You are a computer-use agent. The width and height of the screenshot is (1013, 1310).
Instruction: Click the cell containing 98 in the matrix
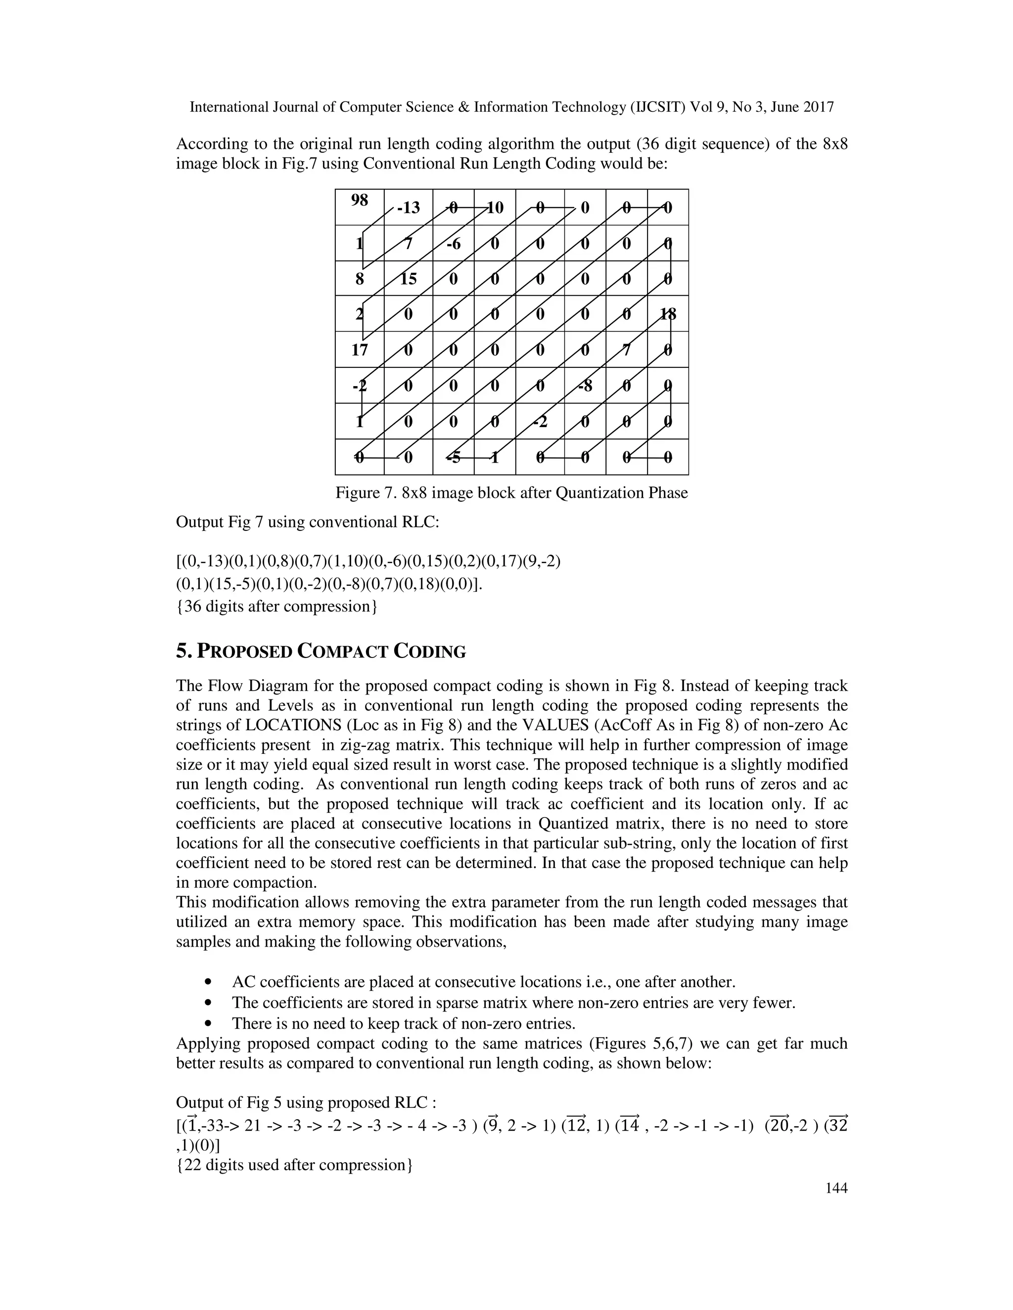point(359,207)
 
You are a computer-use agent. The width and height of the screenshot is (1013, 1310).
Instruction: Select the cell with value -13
point(408,208)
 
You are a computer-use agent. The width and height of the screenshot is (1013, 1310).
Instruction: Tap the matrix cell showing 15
point(408,278)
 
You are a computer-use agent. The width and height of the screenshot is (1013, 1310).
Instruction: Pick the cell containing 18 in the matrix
point(667,314)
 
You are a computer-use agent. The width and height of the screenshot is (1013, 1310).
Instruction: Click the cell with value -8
point(585,385)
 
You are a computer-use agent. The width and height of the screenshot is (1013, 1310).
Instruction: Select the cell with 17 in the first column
point(359,349)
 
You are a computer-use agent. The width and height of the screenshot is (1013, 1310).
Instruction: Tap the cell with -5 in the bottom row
point(453,457)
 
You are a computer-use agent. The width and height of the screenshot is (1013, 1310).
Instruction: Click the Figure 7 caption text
point(511,493)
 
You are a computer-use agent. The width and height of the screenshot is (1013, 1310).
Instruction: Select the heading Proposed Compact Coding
point(321,652)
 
